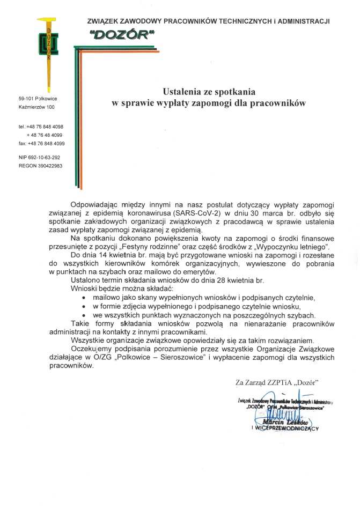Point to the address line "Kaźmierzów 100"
(x=36, y=107)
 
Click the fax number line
(x=42, y=144)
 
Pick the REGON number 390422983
(x=41, y=166)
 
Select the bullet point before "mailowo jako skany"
(x=84, y=297)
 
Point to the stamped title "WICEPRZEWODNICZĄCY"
(x=287, y=428)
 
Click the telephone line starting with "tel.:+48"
(x=41, y=127)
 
